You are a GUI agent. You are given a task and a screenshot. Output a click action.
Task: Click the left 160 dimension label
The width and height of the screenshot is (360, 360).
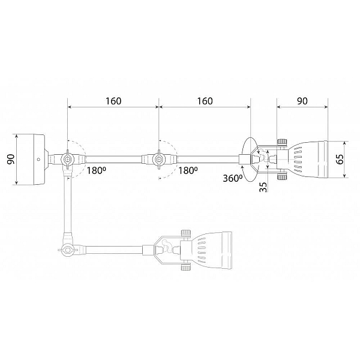pyautogui.click(x=113, y=101)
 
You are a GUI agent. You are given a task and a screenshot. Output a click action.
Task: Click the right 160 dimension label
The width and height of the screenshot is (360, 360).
pyautogui.click(x=205, y=101)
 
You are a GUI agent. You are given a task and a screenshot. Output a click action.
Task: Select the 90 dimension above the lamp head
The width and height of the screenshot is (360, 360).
pyautogui.click(x=302, y=101)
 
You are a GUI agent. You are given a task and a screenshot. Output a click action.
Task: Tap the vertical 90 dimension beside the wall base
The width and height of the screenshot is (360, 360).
pyautogui.click(x=11, y=160)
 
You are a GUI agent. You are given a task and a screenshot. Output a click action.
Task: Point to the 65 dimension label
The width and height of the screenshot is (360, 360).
pyautogui.click(x=340, y=159)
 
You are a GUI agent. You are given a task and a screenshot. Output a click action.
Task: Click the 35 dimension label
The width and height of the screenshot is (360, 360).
pyautogui.click(x=264, y=187)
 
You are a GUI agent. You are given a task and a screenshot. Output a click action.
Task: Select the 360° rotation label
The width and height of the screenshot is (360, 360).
pyautogui.click(x=233, y=178)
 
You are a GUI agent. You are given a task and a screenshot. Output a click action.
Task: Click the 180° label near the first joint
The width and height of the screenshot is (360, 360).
pyautogui.click(x=96, y=170)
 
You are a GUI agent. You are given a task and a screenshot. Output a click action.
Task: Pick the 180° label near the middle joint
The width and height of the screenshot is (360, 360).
pyautogui.click(x=188, y=170)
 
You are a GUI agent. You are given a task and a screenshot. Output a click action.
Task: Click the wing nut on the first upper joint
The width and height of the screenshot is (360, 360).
pyautogui.click(x=67, y=159)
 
